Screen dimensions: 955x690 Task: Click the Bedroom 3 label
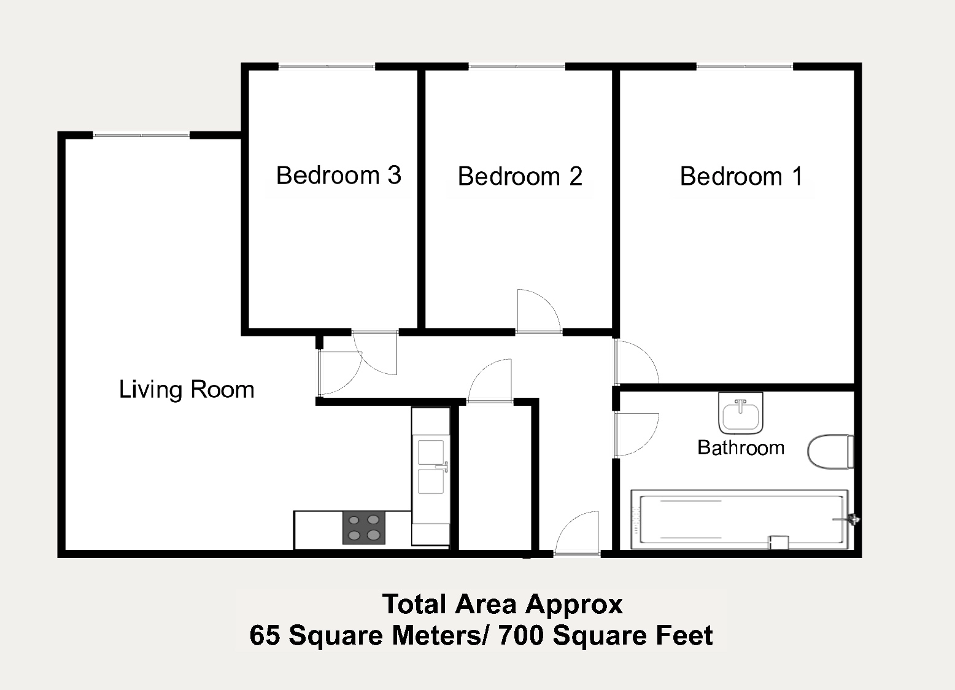coord(339,176)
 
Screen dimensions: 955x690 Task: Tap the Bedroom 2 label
coord(520,176)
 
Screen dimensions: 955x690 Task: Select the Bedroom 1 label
coord(741,176)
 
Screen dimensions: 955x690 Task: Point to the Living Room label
coord(187,390)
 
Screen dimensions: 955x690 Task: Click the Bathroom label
coord(741,448)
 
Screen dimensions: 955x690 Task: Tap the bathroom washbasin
coord(741,413)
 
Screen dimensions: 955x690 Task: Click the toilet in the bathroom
coord(830,452)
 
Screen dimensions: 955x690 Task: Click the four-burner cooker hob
coord(364,527)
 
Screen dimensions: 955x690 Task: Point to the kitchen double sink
coord(431,467)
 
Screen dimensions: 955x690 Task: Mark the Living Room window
coord(141,135)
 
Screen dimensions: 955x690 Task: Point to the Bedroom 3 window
coord(327,66)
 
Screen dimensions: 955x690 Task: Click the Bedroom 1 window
coord(745,66)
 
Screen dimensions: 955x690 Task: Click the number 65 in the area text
coord(265,635)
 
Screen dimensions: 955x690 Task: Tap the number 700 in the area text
coord(521,635)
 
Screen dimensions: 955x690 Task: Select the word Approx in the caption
coord(574,605)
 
